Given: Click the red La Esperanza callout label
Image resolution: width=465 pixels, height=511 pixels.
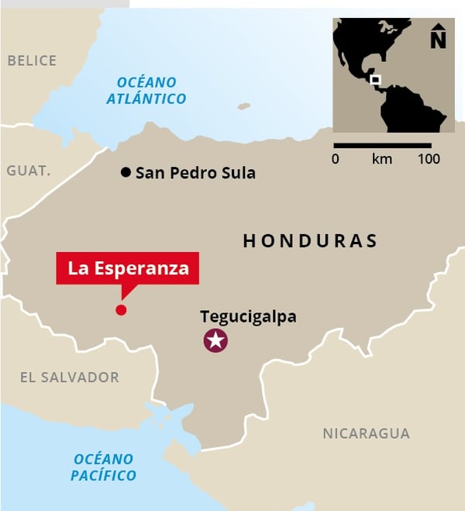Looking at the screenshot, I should pyautogui.click(x=128, y=268).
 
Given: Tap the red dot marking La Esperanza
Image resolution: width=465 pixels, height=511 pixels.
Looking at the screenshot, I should pyautogui.click(x=121, y=310).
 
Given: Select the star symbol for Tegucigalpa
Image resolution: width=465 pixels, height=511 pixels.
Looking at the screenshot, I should pyautogui.click(x=215, y=340).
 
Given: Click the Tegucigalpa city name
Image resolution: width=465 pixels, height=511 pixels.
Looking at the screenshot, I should pyautogui.click(x=248, y=316).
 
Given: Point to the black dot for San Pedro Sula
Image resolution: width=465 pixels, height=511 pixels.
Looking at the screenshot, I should pyautogui.click(x=126, y=172).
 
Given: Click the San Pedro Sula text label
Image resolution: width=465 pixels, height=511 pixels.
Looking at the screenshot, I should pyautogui.click(x=195, y=173).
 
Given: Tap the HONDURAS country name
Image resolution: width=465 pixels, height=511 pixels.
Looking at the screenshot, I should pyautogui.click(x=310, y=240).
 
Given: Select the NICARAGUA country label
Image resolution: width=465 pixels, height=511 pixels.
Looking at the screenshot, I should pyautogui.click(x=366, y=433).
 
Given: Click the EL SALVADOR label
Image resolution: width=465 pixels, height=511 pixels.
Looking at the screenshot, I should pyautogui.click(x=70, y=378).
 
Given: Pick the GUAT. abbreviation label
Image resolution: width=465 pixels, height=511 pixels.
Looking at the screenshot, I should pyautogui.click(x=29, y=171).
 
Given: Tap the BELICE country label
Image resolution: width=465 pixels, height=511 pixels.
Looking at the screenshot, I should pyautogui.click(x=32, y=60).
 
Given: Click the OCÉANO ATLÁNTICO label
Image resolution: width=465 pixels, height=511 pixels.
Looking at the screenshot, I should pyautogui.click(x=147, y=90).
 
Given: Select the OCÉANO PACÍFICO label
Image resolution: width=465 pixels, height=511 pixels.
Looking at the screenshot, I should pyautogui.click(x=104, y=467).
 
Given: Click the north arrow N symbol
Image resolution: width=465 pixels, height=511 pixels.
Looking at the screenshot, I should pyautogui.click(x=439, y=36).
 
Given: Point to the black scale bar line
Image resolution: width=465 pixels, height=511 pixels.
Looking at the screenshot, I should pyautogui.click(x=382, y=145).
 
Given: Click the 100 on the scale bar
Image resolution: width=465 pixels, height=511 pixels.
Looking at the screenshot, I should pyautogui.click(x=429, y=159).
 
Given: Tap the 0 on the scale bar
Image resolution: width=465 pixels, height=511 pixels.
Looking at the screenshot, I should pyautogui.click(x=335, y=159).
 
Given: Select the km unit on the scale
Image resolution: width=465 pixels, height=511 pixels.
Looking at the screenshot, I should pyautogui.click(x=382, y=159).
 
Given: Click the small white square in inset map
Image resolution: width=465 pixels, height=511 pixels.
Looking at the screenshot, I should pyautogui.click(x=375, y=79).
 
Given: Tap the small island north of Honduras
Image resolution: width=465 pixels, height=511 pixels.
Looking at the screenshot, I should pyautogui.click(x=244, y=106).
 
